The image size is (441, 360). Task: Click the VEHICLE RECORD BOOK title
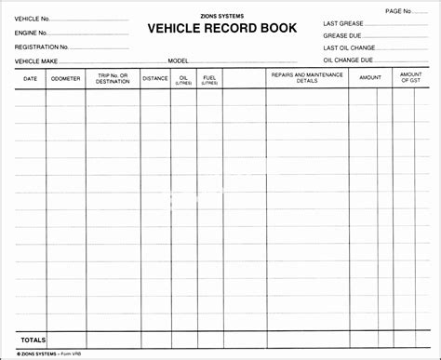pos(220,27)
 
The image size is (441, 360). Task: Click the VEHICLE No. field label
pos(33,18)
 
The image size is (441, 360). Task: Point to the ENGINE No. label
pos(32,32)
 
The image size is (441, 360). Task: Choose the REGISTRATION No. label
pos(41,46)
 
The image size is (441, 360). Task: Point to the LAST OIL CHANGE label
pos(348,47)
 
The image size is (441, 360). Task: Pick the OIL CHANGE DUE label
pos(347,60)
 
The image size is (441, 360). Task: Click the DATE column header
pos(31,79)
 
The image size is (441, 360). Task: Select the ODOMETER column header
pos(66,79)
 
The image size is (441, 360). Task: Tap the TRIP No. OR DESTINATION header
pos(113,79)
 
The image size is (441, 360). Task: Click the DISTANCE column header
pos(155,79)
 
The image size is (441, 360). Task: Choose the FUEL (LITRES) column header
pos(209,80)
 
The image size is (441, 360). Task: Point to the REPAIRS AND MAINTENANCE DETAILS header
pos(307,77)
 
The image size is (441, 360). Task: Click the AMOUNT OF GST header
pos(410,77)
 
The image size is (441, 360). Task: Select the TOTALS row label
pos(33,339)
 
